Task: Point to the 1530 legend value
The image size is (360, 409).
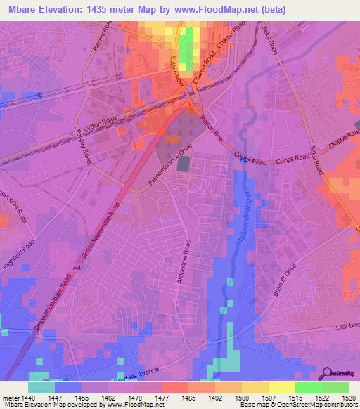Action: pos(349,398)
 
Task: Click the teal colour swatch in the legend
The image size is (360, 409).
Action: pos(41,387)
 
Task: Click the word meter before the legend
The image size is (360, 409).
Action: pos(10,398)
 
